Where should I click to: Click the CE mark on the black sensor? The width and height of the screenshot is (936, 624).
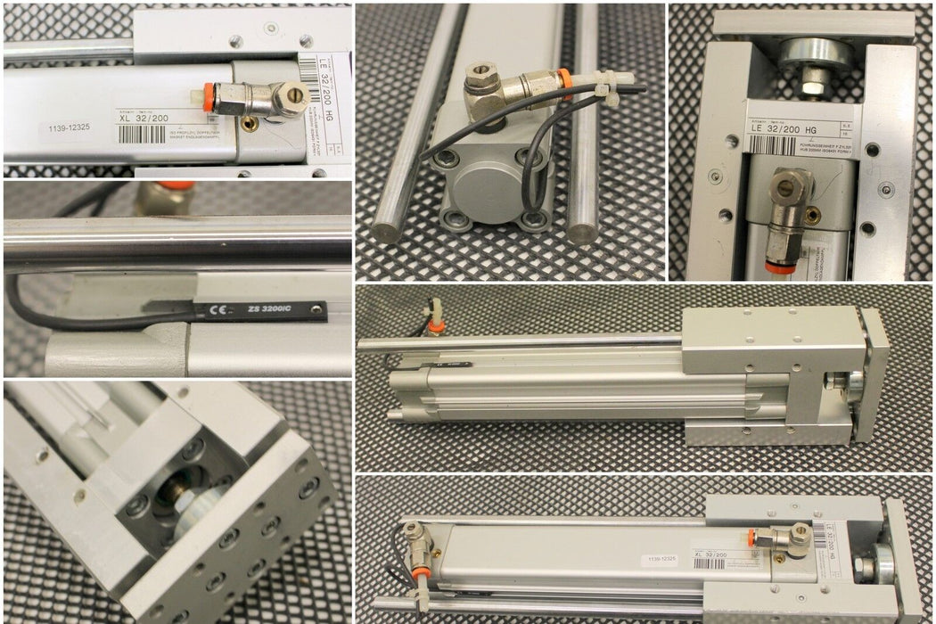tap(216, 312)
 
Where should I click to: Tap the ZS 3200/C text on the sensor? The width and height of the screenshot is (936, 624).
tap(271, 309)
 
